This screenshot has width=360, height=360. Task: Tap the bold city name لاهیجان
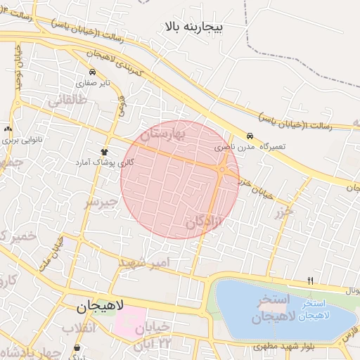(x=100, y=307)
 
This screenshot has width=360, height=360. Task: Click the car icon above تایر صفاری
(x=92, y=72)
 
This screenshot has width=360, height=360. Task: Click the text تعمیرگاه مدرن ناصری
(x=249, y=148)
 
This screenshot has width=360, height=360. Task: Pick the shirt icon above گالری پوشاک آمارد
(x=105, y=151)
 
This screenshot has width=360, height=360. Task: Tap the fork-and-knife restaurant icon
(x=310, y=281)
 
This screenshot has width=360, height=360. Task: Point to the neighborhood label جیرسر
(x=99, y=202)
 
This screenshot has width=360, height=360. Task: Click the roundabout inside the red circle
(x=222, y=169)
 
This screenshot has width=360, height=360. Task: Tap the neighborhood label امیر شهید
(x=145, y=263)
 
